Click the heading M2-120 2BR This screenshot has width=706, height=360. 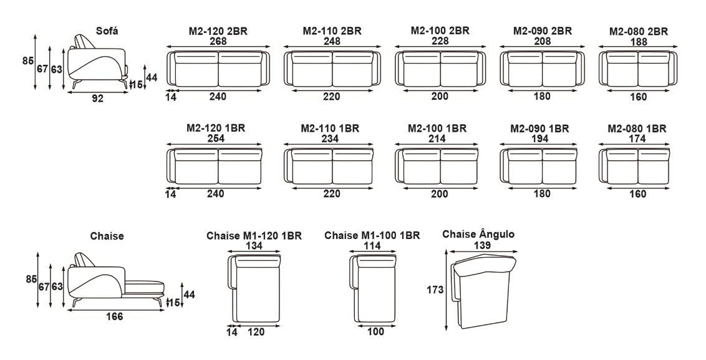coord(218,32)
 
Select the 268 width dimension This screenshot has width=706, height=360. coord(218,41)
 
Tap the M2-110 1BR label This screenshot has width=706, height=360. coord(330,129)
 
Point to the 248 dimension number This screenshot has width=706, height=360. coord(332,41)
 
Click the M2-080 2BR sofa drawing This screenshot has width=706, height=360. coord(638,69)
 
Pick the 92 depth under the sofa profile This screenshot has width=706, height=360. coord(98,98)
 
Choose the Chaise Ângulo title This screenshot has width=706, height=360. coord(478,235)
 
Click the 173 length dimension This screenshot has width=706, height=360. coord(435,290)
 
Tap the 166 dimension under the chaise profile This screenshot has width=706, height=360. coord(114,317)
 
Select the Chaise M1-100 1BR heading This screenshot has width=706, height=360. coord(372,236)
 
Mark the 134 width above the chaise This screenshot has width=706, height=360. coord(254,246)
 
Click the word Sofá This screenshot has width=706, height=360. coord(107,31)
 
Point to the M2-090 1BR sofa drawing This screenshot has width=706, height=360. coord(538,166)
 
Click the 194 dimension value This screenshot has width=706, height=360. coord(539,139)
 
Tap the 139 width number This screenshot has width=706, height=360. coord(482,246)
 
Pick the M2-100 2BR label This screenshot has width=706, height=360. coord(440,31)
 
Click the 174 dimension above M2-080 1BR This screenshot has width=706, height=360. coord(637,139)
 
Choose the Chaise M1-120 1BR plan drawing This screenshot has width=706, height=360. coord(254,289)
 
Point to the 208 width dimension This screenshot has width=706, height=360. coord(542,41)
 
